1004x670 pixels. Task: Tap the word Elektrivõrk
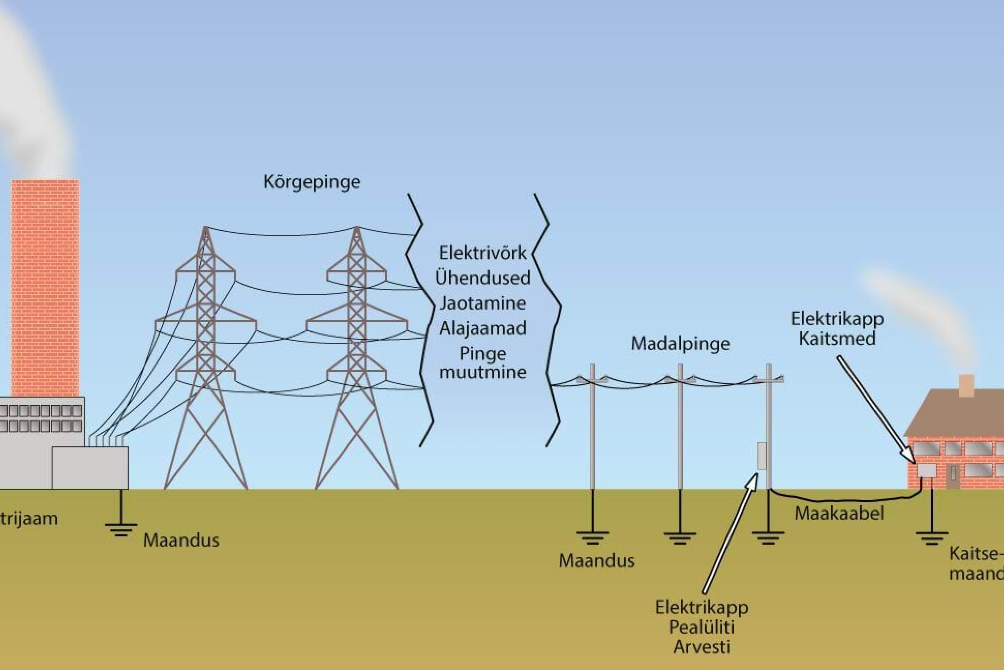pos(483,253)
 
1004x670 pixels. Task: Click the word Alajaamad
pos(483,329)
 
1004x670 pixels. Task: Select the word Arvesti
pos(702,647)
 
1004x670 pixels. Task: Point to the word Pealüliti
pos(702,627)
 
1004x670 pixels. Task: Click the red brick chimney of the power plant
pos(45,286)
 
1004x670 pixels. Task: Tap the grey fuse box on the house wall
pos(927,470)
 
